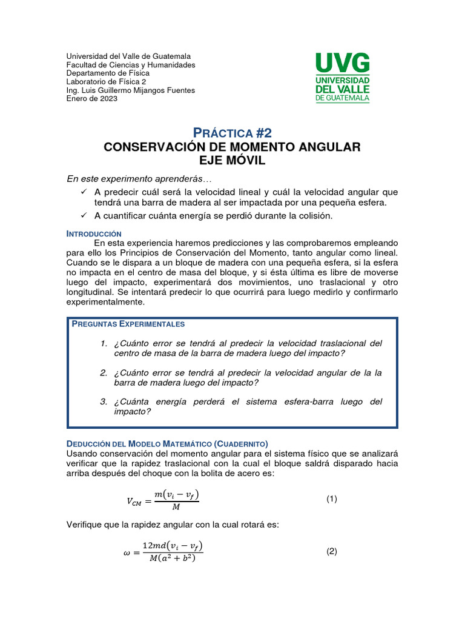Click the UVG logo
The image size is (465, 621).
click(x=343, y=77)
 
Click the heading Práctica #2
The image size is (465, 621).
click(x=232, y=133)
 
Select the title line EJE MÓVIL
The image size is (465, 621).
click(x=232, y=160)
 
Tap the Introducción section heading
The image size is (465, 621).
click(x=94, y=233)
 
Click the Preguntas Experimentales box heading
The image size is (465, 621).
click(x=128, y=324)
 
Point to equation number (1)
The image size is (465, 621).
click(x=331, y=499)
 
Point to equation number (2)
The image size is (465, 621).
click(x=331, y=551)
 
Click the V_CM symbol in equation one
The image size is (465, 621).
click(x=136, y=501)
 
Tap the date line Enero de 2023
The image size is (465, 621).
click(x=91, y=99)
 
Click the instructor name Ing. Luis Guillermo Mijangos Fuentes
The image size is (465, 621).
click(x=130, y=90)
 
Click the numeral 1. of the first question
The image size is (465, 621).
click(x=104, y=344)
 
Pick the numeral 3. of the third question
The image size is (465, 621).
click(x=104, y=402)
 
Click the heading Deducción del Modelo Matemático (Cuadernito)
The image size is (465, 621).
click(x=167, y=444)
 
